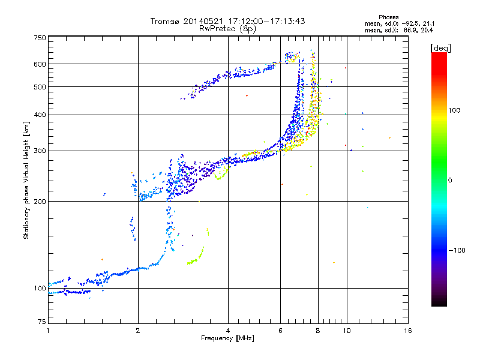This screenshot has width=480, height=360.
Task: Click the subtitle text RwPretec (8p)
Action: tap(229, 28)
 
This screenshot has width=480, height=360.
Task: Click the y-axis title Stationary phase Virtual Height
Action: tap(26, 181)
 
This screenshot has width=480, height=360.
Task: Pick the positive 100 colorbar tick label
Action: tap(455, 110)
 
